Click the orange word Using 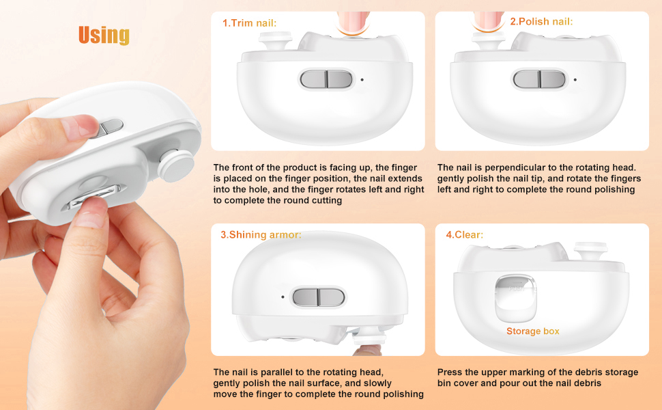[104, 36]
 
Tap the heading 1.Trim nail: [250, 23]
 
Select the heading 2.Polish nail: [541, 22]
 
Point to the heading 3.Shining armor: [261, 234]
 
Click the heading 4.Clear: [464, 234]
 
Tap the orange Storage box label [533, 331]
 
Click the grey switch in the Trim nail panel [326, 79]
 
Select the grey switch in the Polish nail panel [539, 79]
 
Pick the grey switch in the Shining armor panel [319, 297]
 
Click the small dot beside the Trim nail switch [362, 79]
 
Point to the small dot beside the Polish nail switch [575, 79]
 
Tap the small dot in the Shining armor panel [283, 297]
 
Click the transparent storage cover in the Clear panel [516, 297]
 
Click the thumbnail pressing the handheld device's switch [78, 126]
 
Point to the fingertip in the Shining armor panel [367, 350]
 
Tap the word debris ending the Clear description [587, 383]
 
